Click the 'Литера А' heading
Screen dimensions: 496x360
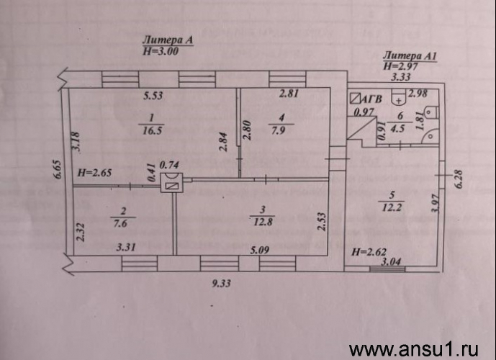pyautogui.click(x=167, y=40)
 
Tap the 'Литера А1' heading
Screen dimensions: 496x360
pyautogui.click(x=410, y=56)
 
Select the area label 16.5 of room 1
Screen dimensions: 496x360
pyautogui.click(x=152, y=130)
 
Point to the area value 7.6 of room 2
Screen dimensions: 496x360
pyautogui.click(x=120, y=223)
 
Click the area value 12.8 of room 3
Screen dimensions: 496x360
pyautogui.click(x=263, y=222)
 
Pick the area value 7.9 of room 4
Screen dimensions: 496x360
pyautogui.click(x=279, y=130)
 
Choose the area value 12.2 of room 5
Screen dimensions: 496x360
pyautogui.click(x=392, y=207)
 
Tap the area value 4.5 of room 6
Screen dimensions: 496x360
pyautogui.click(x=397, y=129)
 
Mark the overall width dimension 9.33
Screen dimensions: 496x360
pyautogui.click(x=221, y=283)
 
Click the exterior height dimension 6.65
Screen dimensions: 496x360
pyautogui.click(x=58, y=170)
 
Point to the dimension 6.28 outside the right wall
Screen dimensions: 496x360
pyautogui.click(x=459, y=179)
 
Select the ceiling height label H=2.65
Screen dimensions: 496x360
pyautogui.click(x=94, y=173)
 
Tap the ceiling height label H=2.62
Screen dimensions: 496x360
pyautogui.click(x=369, y=252)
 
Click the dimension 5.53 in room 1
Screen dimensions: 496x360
pyautogui.click(x=153, y=96)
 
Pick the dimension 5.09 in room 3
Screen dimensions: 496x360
pyautogui.click(x=260, y=251)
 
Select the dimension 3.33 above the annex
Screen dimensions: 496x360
pyautogui.click(x=401, y=77)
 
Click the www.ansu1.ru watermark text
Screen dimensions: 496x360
pyautogui.click(x=413, y=350)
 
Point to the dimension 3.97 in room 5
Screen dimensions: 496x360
pyautogui.click(x=436, y=203)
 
